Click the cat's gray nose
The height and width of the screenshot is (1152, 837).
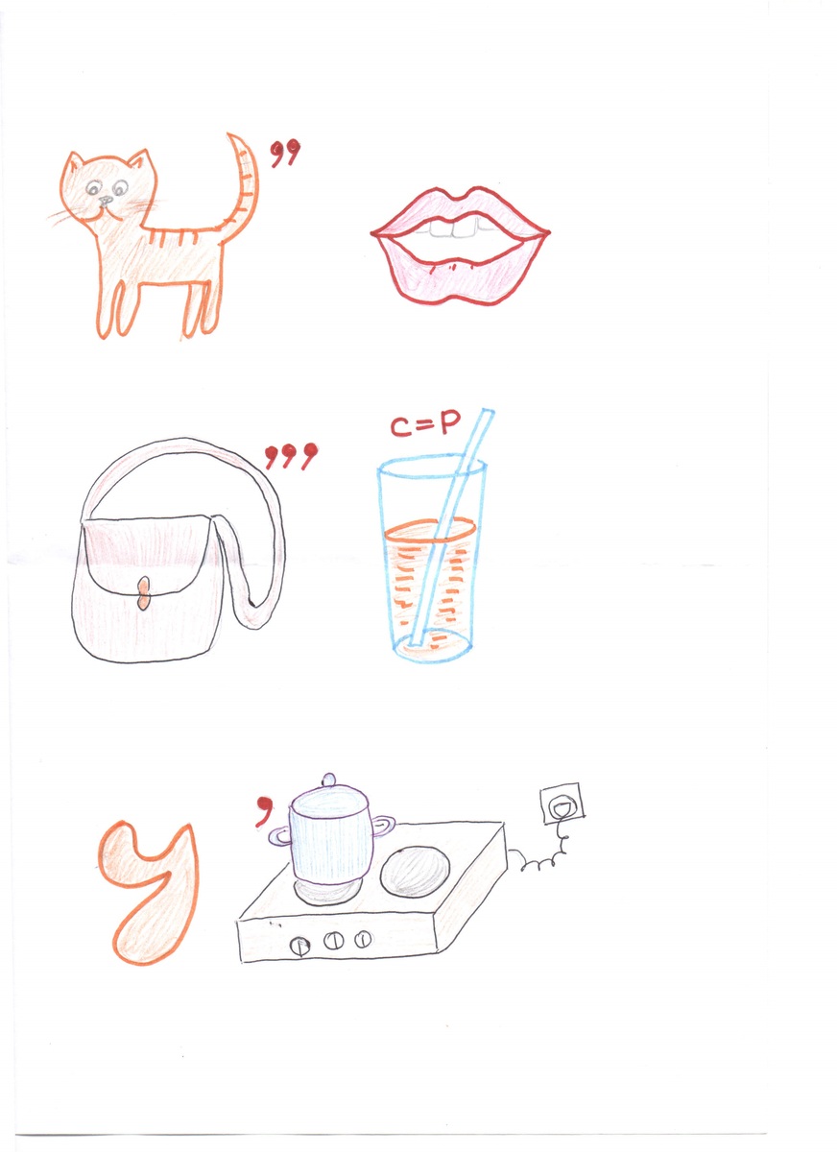point(106,201)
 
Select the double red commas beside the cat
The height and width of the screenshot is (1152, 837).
point(285,153)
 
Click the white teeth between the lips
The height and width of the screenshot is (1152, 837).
point(453,228)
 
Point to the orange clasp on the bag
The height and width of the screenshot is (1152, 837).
point(143,593)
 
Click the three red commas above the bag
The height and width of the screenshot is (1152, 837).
point(291,456)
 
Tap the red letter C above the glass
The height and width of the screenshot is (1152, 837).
point(400,426)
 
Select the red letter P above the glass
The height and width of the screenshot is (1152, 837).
point(449,423)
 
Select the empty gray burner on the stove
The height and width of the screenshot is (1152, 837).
point(415,872)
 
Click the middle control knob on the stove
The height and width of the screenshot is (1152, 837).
point(333,941)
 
